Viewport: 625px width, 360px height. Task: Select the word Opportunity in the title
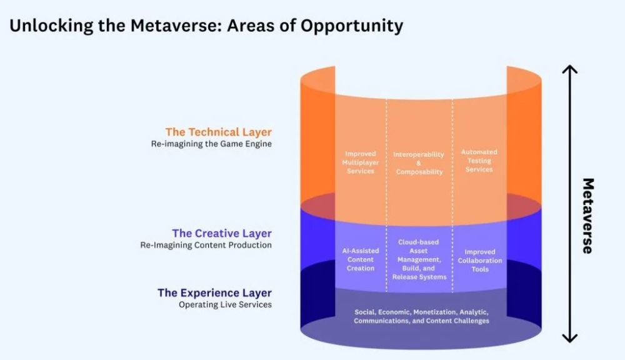352,26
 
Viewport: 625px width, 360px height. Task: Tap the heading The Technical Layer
218,132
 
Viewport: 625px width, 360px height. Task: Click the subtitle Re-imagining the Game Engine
211,144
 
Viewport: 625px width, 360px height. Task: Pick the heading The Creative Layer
222,233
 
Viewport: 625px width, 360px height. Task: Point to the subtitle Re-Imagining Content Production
206,245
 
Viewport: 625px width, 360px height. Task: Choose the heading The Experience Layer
214,293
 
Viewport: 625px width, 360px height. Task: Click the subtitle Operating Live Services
225,304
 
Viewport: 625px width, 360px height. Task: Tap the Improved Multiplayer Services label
361,162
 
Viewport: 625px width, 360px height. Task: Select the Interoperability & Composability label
419,163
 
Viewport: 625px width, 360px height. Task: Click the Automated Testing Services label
479,161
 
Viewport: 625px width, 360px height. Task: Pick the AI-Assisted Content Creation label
361,259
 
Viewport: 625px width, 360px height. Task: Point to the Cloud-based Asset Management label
419,259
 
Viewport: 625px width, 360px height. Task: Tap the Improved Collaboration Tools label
480,261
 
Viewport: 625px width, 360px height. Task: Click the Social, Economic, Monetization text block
421,316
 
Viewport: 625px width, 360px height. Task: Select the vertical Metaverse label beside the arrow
588,216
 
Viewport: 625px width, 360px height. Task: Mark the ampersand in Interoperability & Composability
419,163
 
